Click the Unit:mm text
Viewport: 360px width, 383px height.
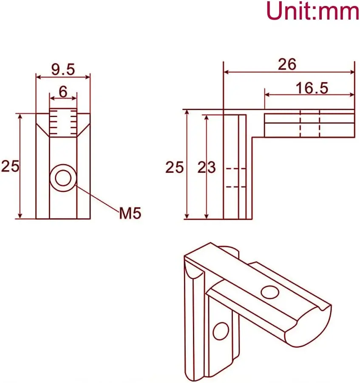tap(312, 12)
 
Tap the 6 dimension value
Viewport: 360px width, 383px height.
tap(63, 91)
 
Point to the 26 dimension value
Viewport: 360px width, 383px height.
tap(287, 64)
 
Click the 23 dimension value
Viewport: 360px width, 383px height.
tap(207, 167)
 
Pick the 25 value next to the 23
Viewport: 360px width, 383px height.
tap(174, 167)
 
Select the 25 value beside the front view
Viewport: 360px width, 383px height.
tap(10, 166)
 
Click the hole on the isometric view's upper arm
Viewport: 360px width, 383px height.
tap(268, 292)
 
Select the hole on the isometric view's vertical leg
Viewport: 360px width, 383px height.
tap(220, 330)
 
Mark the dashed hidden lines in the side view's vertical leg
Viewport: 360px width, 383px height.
tap(235, 177)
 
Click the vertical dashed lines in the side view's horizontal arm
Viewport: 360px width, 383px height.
tap(310, 123)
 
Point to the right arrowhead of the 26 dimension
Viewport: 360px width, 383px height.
tap(352, 71)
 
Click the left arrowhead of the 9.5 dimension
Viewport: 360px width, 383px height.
tap(38, 77)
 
